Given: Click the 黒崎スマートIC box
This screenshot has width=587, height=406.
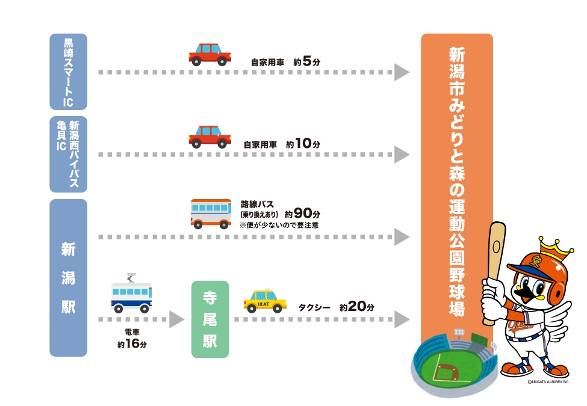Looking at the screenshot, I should [x=68, y=72].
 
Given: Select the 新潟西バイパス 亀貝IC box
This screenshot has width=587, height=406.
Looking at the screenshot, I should [x=68, y=154].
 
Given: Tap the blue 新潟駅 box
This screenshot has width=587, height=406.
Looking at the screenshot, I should [x=68, y=278].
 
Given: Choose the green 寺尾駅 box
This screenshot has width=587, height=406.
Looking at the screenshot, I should [x=210, y=319].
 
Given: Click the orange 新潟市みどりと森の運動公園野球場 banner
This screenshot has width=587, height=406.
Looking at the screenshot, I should [x=456, y=180].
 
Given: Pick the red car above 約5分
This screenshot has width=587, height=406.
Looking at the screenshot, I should [x=210, y=55].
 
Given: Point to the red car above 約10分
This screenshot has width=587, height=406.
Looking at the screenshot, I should [x=210, y=137].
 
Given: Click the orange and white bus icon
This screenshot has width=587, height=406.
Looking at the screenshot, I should [x=211, y=214].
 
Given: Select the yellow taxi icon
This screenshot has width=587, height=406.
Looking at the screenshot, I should [x=265, y=301].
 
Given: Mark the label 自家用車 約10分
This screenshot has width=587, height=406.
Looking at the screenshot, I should [x=281, y=144].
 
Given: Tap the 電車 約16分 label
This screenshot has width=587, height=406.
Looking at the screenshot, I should [x=131, y=339].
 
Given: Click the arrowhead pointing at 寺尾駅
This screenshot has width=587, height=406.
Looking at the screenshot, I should [x=176, y=319].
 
